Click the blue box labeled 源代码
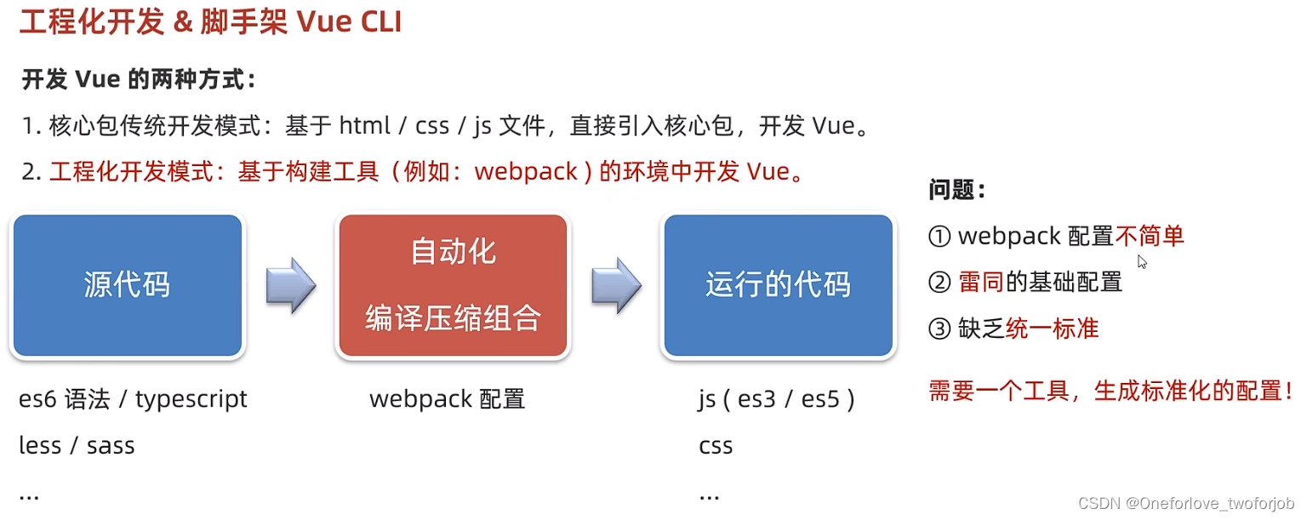pos(128,285)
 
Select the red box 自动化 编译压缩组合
pos(453,285)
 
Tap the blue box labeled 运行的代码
pos(778,285)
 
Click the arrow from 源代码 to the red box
pos(291,285)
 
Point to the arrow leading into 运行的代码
pos(616,285)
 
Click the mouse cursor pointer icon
pos(1142,262)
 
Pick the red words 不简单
pos(1150,236)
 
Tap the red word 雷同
pos(981,282)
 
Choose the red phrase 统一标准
pos(1052,329)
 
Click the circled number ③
pos(939,329)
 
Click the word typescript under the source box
pos(191,399)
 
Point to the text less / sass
pos(77,446)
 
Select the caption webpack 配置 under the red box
pos(447,399)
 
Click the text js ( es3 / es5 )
pos(776,399)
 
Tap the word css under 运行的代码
pos(716,446)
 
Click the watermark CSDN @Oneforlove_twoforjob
pos(1186,503)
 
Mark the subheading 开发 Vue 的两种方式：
pos(139,81)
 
